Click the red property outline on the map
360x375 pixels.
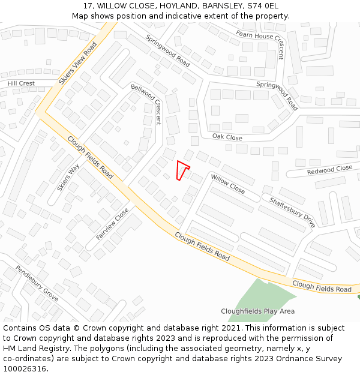182,170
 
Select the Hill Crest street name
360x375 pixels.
21,83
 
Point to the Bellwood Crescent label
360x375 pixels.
146,104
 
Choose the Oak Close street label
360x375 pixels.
227,137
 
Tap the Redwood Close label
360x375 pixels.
329,170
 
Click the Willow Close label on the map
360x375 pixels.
227,184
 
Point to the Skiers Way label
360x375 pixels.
68,178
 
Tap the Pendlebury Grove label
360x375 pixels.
37,283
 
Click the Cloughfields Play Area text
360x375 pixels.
257,311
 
